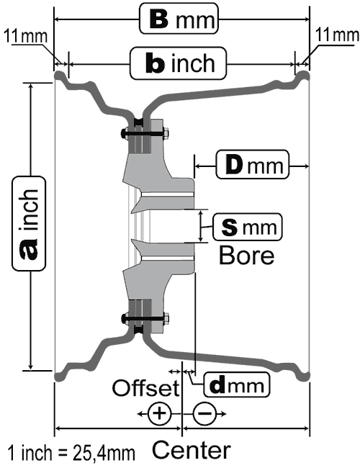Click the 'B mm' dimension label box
tap(179, 19)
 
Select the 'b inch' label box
tap(179, 63)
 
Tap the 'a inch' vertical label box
tap(29, 223)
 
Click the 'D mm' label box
tap(253, 164)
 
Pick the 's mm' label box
tap(248, 227)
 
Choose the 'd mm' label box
tap(237, 384)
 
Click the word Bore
tap(246, 256)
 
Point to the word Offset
tap(145, 387)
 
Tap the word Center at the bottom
tap(192, 450)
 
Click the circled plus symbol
tap(160, 414)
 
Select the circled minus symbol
tap(204, 414)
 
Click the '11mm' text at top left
tap(26, 37)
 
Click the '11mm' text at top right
tap(337, 35)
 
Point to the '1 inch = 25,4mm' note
tap(71, 452)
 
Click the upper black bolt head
tap(125, 132)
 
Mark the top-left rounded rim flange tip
tap(59, 76)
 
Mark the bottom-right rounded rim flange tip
tap(304, 377)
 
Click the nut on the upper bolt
tap(166, 133)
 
